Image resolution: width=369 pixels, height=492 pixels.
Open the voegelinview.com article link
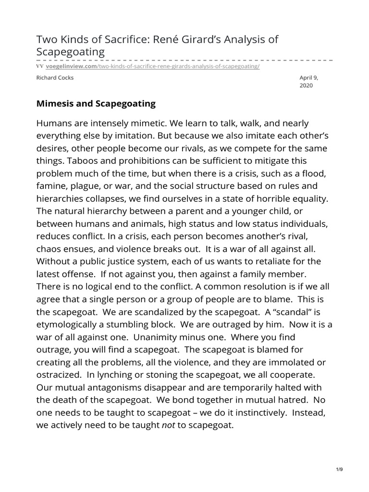pos(152,66)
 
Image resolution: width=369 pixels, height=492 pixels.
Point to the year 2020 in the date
pos(306,86)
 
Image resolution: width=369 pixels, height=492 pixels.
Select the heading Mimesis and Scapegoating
pos(96,103)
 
